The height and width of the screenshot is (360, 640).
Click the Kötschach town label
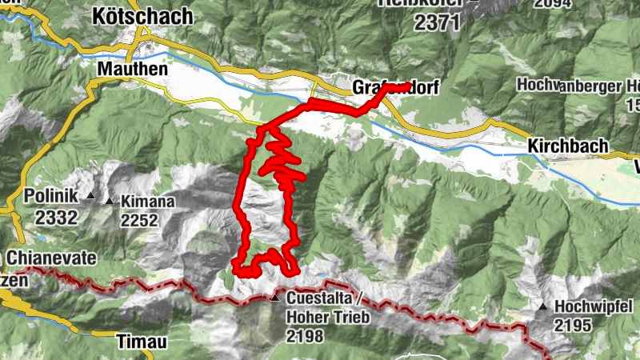[143, 15]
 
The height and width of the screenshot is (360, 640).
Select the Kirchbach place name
[568, 146]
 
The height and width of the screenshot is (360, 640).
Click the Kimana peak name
[147, 202]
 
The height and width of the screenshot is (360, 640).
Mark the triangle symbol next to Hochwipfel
[544, 306]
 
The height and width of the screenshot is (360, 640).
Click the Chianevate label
[50, 258]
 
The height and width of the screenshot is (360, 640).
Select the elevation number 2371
[438, 22]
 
